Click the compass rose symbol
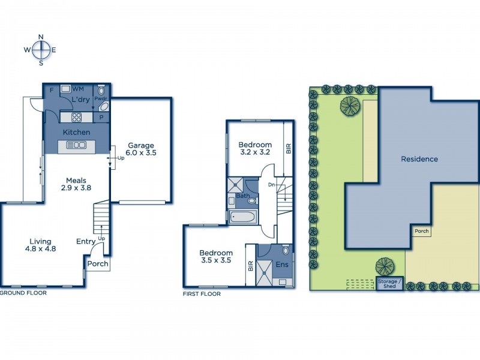41,50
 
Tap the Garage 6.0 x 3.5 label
141,149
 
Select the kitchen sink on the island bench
77,145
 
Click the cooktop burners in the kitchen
77,117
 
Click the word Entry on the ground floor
86,242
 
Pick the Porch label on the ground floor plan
98,263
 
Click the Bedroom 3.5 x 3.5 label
216,257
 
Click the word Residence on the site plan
419,159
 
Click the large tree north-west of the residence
350,106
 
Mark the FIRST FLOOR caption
202,294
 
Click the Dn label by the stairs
272,185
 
